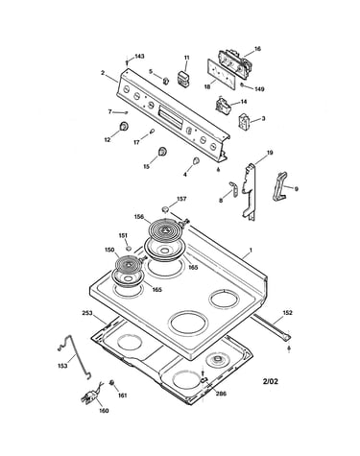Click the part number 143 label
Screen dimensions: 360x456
[x=139, y=57]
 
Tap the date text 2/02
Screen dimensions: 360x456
[x=271, y=381]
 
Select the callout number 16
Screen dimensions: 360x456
[x=257, y=49]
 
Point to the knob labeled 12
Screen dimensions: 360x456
[x=124, y=126]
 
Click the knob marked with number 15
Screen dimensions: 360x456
[x=162, y=152]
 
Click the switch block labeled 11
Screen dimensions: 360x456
[x=182, y=79]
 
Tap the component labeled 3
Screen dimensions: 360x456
[x=244, y=121]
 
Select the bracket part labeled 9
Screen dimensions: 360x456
[x=280, y=186]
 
